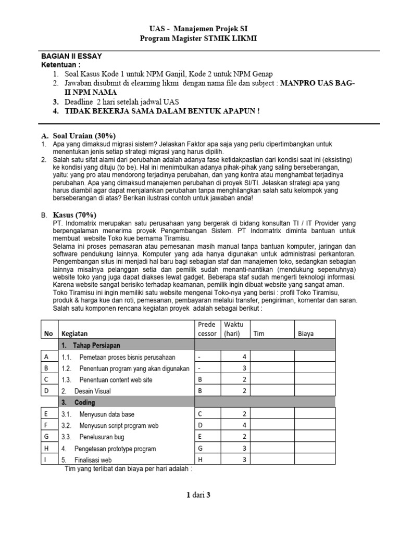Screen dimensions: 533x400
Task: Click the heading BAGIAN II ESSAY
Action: (75, 56)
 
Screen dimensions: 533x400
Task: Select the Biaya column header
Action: (305, 334)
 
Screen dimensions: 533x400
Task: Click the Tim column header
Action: (258, 334)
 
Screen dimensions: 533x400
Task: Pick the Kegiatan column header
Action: (74, 334)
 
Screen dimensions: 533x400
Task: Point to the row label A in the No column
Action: (47, 357)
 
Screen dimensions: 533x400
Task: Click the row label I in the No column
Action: (47, 460)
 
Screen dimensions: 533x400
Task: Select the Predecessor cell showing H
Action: (199, 460)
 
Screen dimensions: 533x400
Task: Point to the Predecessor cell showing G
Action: (199, 448)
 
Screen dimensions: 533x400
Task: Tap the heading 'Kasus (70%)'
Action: (75, 214)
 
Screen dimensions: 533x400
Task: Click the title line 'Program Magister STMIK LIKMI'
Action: (199, 39)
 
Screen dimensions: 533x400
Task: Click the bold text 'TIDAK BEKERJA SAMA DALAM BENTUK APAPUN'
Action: (162, 111)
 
